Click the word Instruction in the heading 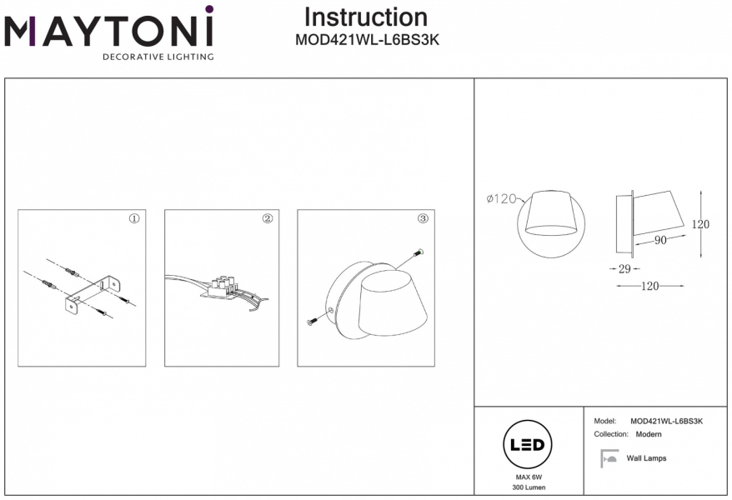click(x=365, y=17)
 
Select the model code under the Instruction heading click(x=367, y=38)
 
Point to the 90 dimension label click(x=660, y=241)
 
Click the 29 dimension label click(x=625, y=269)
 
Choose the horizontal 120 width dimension click(x=650, y=286)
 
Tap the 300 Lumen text click(x=529, y=487)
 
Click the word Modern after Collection click(x=649, y=435)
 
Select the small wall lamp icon click(x=609, y=458)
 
